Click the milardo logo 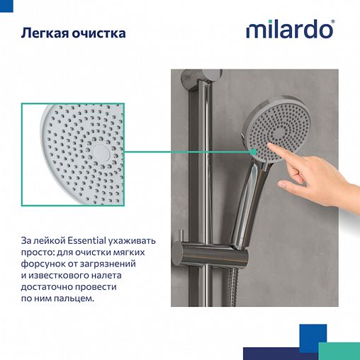pos(289,30)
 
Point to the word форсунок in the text pos(44,264)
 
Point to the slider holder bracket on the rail pos(206,252)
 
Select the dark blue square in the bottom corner pos(312,333)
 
